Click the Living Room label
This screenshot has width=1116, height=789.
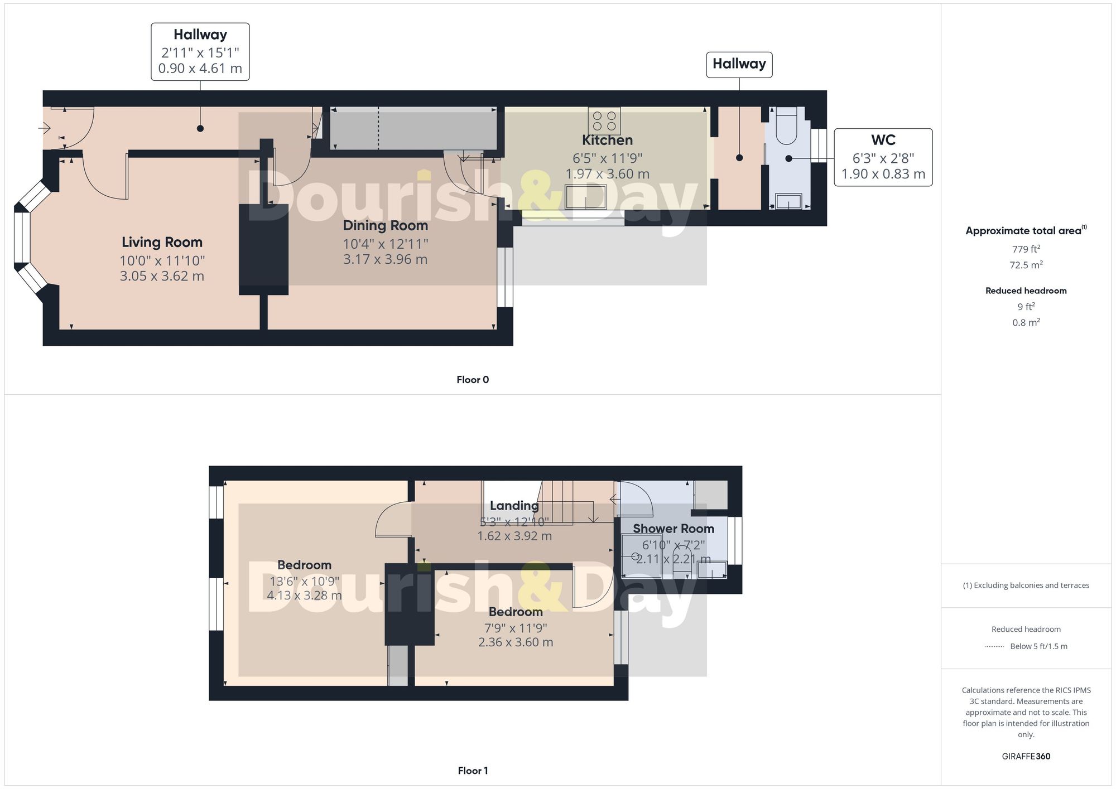162,242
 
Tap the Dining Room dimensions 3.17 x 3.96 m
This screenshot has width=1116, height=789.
385,259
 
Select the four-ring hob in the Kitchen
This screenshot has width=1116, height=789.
604,120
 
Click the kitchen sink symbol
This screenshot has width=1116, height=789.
585,197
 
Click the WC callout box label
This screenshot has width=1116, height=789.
883,140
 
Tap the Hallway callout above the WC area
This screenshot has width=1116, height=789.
739,64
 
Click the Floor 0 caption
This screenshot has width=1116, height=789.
472,380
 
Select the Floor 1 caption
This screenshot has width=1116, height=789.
472,771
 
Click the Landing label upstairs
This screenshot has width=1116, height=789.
514,505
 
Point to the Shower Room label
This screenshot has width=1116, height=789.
673,528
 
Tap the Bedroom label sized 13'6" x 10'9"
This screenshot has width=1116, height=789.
304,565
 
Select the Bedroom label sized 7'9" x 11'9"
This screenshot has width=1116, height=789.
515,612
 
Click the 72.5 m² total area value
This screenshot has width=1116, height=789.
1026,265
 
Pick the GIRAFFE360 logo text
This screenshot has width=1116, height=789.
1026,756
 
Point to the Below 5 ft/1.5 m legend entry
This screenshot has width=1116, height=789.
1038,646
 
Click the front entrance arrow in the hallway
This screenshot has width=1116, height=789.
45,129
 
